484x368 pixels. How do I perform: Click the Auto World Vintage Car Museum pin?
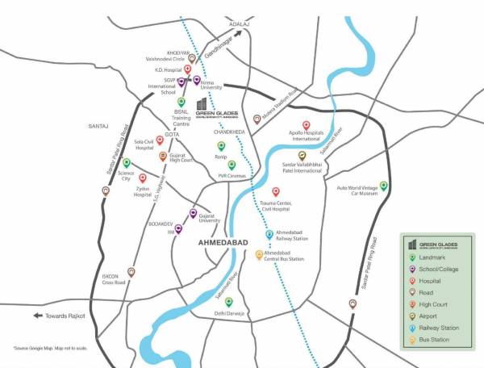[384, 186]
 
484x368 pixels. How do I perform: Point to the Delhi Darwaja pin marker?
[229, 302]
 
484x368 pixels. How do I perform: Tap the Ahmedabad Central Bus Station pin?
[259, 254]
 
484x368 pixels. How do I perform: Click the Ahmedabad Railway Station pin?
[269, 235]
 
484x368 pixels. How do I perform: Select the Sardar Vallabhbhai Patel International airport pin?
[302, 156]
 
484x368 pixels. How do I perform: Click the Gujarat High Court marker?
[163, 156]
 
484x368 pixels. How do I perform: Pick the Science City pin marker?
[126, 163]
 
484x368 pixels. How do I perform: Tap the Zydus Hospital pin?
[143, 178]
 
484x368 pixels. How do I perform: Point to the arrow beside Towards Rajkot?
[37, 316]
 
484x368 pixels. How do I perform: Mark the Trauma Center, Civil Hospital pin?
[275, 192]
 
